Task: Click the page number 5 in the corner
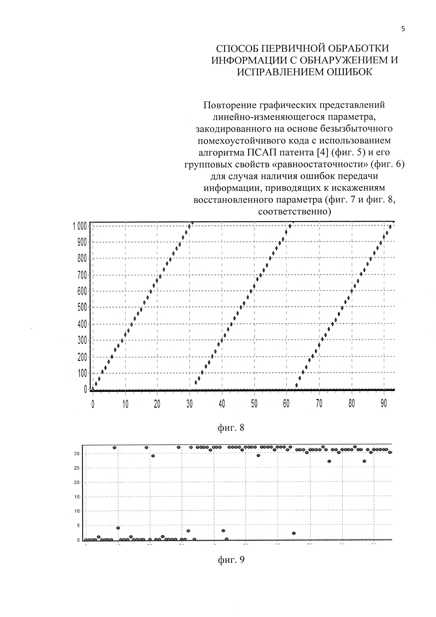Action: (403, 29)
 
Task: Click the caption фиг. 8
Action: (231, 427)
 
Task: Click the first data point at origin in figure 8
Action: (93, 389)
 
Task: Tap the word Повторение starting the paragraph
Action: (229, 105)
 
